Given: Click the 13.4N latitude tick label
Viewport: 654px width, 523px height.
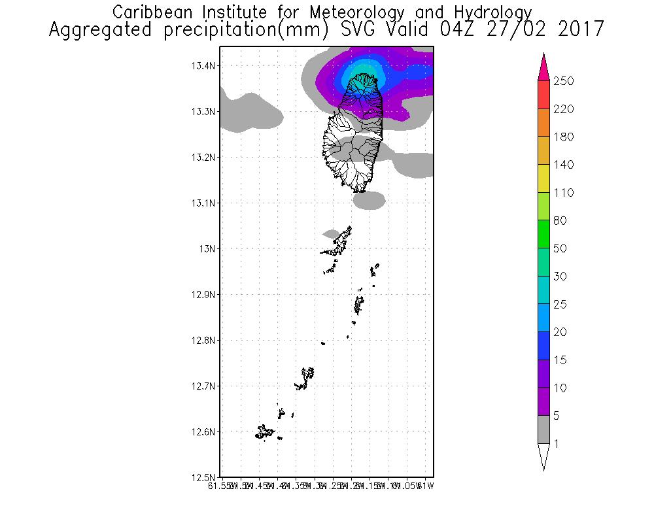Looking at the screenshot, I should (203, 66).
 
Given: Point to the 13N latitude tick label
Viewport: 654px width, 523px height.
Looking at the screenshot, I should (207, 249).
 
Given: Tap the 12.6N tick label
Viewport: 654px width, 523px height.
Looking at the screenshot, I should (203, 432).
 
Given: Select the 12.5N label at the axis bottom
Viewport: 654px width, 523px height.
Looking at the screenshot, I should (203, 477).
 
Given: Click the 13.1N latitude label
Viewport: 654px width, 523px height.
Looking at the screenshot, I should (203, 203).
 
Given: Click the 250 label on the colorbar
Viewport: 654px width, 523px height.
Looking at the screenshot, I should (564, 81).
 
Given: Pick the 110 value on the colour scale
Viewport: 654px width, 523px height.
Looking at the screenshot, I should (564, 193).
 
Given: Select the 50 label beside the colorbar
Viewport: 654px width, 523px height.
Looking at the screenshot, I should (561, 249).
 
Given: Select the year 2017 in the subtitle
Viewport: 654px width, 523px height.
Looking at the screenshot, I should (578, 30).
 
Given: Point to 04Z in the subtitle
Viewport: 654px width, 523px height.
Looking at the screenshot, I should (476, 30).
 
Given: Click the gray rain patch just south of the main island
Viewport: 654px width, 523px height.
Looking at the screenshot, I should (370, 199).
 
